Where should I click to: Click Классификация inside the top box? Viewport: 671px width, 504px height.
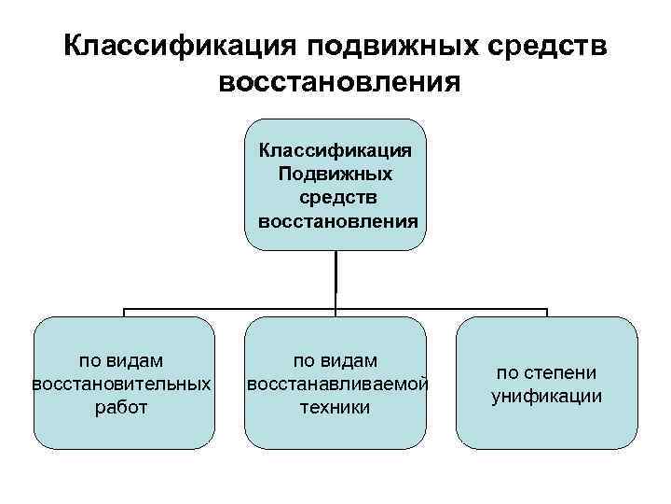tap(335, 150)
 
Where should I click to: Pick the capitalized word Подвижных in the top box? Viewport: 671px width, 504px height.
tap(335, 175)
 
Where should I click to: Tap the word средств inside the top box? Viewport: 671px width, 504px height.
tap(335, 198)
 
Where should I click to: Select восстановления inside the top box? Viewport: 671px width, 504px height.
tap(335, 222)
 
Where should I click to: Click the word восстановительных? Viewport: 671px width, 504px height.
tap(122, 384)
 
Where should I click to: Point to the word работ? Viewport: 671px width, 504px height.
tap(122, 407)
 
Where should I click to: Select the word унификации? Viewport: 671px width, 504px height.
tap(547, 396)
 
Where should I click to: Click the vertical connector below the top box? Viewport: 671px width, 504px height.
tap(335, 280)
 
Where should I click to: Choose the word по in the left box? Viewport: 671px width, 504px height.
tap(92, 359)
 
